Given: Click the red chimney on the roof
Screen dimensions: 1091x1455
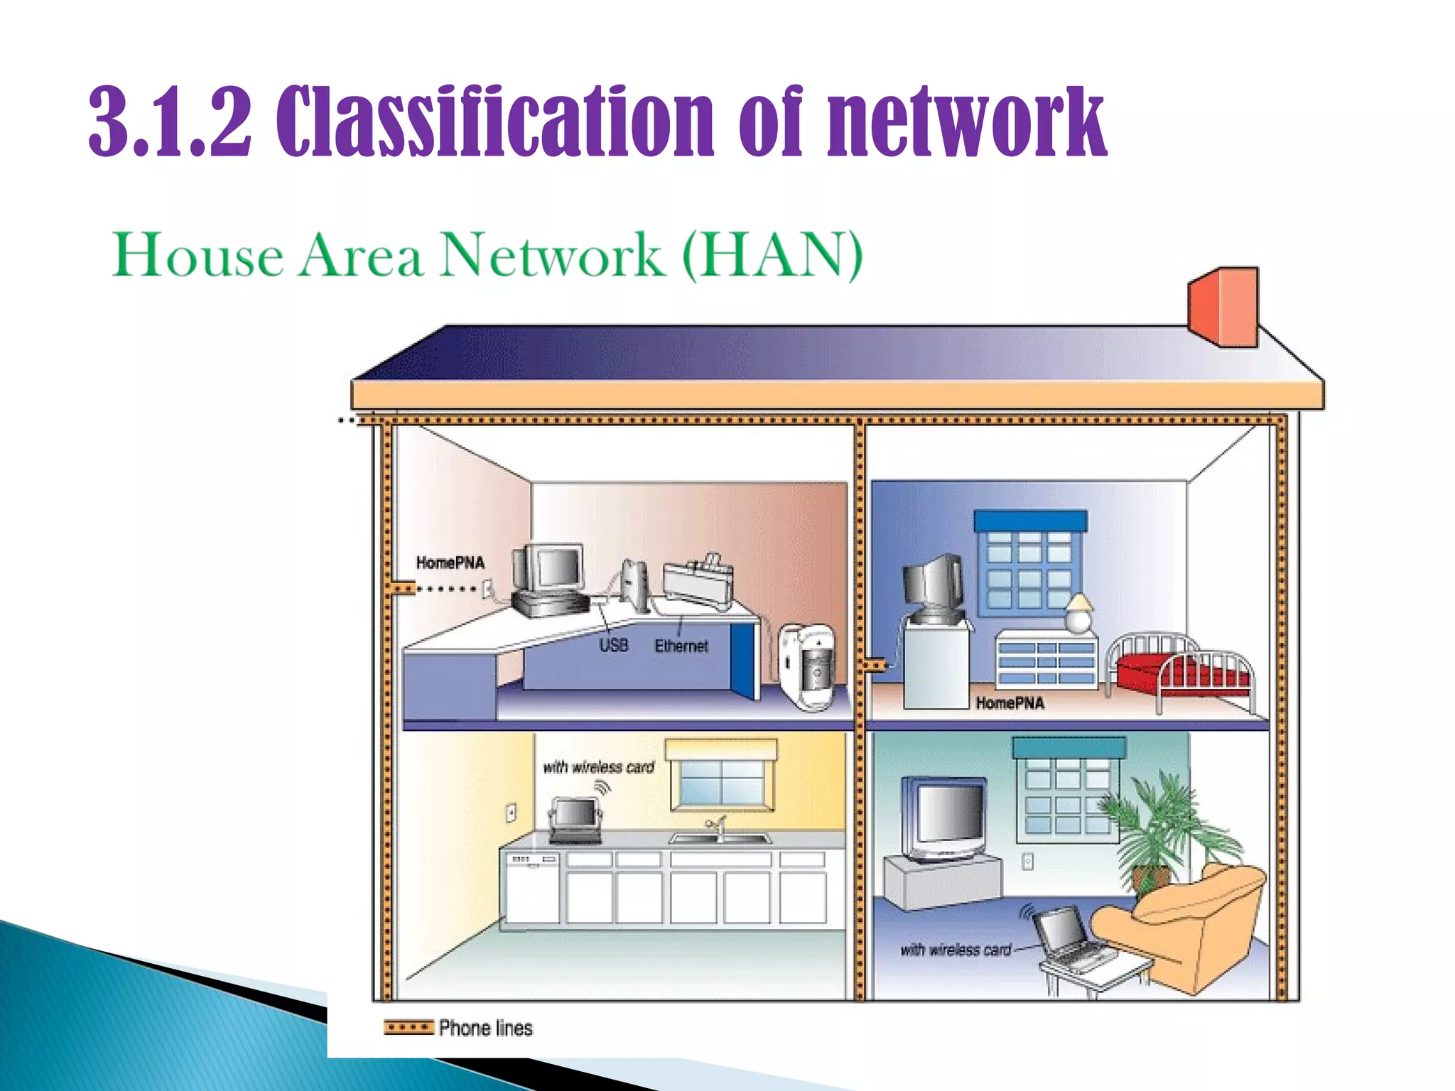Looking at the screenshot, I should (1223, 306).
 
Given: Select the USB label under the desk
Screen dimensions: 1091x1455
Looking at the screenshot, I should (613, 645).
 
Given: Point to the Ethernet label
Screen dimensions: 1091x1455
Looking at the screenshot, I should (681, 646).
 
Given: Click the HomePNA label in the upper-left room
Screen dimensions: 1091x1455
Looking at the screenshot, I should (450, 563).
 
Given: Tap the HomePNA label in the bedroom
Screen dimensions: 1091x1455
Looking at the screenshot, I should (1010, 703).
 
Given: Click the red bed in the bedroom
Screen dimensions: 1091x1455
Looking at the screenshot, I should (1179, 671).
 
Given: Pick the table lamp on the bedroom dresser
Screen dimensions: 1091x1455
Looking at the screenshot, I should (1079, 612).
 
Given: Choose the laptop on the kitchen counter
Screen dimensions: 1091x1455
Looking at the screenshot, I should (575, 819).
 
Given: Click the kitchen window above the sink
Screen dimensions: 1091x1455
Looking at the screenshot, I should (722, 780).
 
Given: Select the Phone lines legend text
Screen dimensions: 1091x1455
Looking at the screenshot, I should (485, 1028).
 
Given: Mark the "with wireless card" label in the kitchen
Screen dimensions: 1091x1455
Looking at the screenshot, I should (598, 767).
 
